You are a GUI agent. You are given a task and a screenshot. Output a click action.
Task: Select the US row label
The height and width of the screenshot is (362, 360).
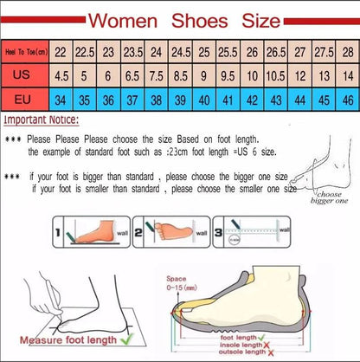click(x=25, y=76)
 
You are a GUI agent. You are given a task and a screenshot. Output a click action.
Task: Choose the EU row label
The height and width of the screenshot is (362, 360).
click(x=25, y=100)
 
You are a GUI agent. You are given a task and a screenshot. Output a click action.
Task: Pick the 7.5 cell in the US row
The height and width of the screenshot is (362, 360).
click(x=155, y=76)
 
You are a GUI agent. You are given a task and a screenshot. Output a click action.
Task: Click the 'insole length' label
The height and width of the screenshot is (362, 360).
click(x=261, y=344)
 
